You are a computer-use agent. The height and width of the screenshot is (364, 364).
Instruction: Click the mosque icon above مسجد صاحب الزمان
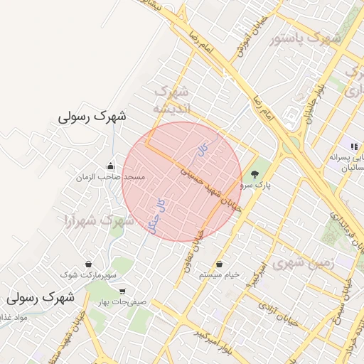(x=109, y=165)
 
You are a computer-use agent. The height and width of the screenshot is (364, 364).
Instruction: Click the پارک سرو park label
(x=255, y=185)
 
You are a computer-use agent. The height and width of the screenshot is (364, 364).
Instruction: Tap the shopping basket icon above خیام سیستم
(x=220, y=263)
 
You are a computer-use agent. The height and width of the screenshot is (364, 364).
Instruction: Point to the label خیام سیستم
(x=219, y=274)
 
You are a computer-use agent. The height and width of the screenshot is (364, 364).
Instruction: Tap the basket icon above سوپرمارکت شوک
(x=87, y=263)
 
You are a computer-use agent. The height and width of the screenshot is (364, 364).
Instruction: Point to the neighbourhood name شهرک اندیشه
(x=171, y=100)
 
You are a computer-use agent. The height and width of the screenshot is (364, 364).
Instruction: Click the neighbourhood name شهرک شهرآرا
(x=100, y=221)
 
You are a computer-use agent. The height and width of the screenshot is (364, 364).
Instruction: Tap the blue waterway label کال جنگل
(x=156, y=214)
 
